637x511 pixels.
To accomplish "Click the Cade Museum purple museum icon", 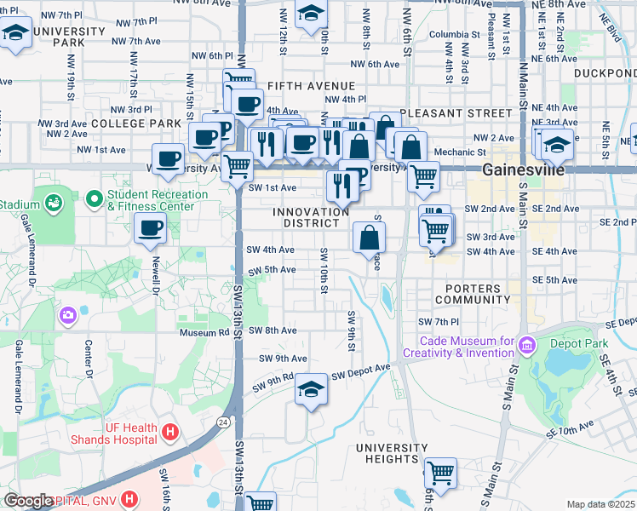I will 525,346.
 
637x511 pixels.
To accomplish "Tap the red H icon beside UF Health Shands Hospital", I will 169,433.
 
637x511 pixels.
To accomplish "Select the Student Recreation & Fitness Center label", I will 158,200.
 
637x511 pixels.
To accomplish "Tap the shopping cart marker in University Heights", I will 440,472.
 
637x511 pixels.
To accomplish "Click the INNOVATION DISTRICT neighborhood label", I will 311,217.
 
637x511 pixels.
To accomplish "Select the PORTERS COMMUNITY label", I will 472,294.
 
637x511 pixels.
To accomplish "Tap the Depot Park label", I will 591,343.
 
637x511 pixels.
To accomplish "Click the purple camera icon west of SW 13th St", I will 67,316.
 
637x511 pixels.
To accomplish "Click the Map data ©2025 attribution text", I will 600,504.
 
